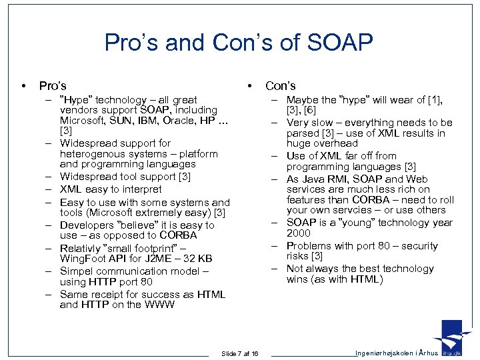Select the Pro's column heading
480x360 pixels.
pos(53,85)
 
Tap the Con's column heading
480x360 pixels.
pos(280,85)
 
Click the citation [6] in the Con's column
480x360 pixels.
pos(310,110)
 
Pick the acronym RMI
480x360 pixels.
pos(339,179)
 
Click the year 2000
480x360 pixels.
pos(298,233)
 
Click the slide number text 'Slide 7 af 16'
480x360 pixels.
pos(240,353)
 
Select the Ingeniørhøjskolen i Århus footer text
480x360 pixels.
pos(397,353)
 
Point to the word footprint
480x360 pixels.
pos(159,248)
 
